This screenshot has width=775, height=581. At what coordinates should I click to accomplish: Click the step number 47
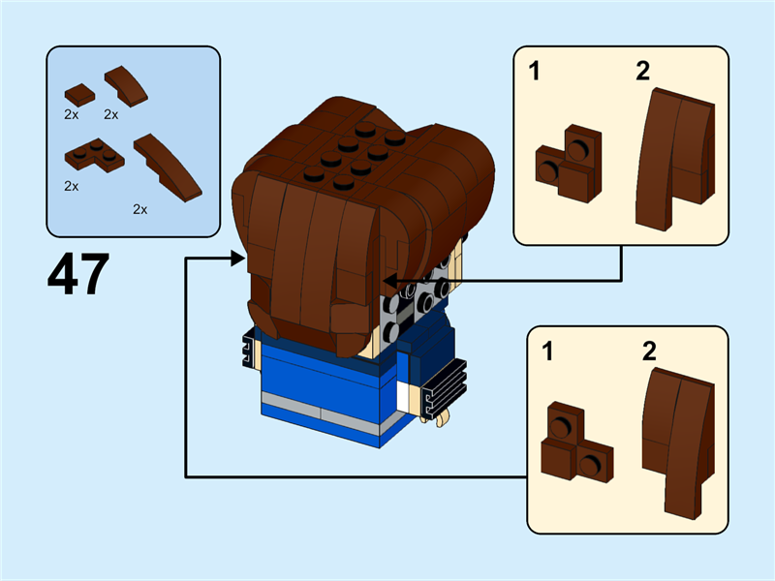point(77,275)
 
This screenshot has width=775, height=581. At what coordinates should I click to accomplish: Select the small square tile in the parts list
point(78,94)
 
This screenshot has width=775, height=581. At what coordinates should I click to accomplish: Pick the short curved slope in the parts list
point(128,86)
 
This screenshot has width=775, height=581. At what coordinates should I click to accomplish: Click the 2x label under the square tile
point(72,114)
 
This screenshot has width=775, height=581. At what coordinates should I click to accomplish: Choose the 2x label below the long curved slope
point(140,209)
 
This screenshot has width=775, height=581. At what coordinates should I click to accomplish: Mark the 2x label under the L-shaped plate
point(72,185)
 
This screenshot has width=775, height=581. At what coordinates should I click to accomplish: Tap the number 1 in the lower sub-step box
point(548,351)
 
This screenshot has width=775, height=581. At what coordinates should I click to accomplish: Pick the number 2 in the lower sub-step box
point(650,351)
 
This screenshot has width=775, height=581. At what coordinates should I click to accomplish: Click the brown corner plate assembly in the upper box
point(568,163)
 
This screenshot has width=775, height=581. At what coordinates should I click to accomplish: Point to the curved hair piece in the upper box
point(675,155)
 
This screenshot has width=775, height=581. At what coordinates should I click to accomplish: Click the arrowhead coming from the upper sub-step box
point(389,282)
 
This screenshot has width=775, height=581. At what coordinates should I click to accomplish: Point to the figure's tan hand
point(441,417)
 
